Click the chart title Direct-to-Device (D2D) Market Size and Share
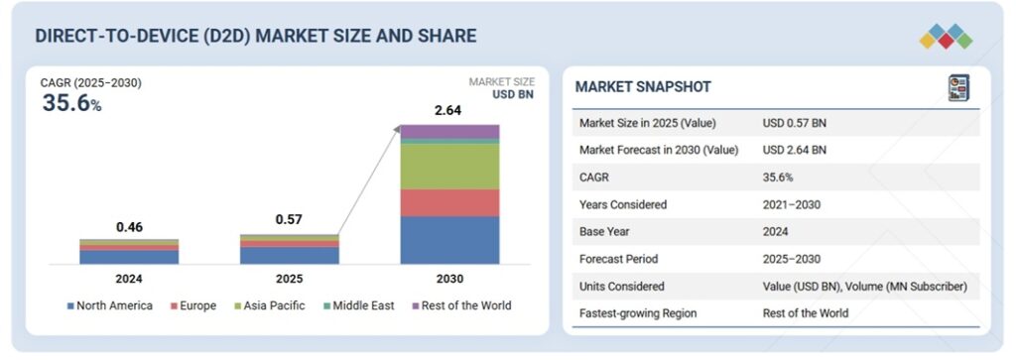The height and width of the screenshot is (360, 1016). (x=255, y=36)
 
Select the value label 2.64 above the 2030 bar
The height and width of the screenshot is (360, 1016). (x=449, y=110)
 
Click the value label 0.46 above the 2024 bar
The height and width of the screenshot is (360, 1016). (x=129, y=227)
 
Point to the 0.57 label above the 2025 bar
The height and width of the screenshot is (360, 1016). (x=289, y=220)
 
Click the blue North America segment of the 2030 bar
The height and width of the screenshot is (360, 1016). (x=449, y=240)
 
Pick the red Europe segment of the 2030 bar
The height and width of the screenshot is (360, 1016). (x=449, y=202)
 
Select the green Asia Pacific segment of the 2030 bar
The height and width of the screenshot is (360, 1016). (x=449, y=167)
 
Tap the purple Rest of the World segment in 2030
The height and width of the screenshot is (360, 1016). (x=449, y=131)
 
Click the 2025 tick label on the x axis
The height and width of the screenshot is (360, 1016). (x=289, y=279)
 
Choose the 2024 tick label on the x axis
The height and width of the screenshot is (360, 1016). (x=129, y=279)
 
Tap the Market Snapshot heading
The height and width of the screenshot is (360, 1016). (x=643, y=87)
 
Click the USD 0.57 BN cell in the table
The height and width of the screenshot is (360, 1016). (x=794, y=123)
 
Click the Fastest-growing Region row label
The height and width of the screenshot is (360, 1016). (x=640, y=313)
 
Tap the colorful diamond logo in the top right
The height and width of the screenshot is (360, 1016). (x=946, y=36)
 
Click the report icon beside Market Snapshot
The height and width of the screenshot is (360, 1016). (x=957, y=87)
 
